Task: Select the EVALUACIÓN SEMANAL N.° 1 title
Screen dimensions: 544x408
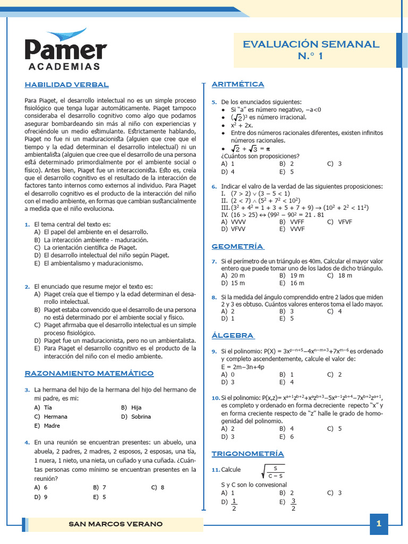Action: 311,50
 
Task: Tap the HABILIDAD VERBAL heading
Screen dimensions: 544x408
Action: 67,84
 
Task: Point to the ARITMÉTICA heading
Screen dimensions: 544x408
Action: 237,84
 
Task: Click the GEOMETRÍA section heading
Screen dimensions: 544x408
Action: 237,246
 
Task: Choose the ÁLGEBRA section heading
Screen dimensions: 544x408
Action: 233,335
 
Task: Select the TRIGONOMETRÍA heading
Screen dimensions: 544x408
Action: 248,453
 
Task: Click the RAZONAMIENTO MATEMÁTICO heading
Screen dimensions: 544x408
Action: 89,373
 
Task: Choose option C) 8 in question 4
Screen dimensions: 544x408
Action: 158,487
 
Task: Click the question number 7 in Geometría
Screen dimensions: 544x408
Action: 214,261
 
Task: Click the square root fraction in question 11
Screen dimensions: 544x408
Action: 275,471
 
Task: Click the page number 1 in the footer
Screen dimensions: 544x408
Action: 379,524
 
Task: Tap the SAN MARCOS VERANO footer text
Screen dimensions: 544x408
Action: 116,524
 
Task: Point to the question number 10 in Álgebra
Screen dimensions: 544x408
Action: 215,398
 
